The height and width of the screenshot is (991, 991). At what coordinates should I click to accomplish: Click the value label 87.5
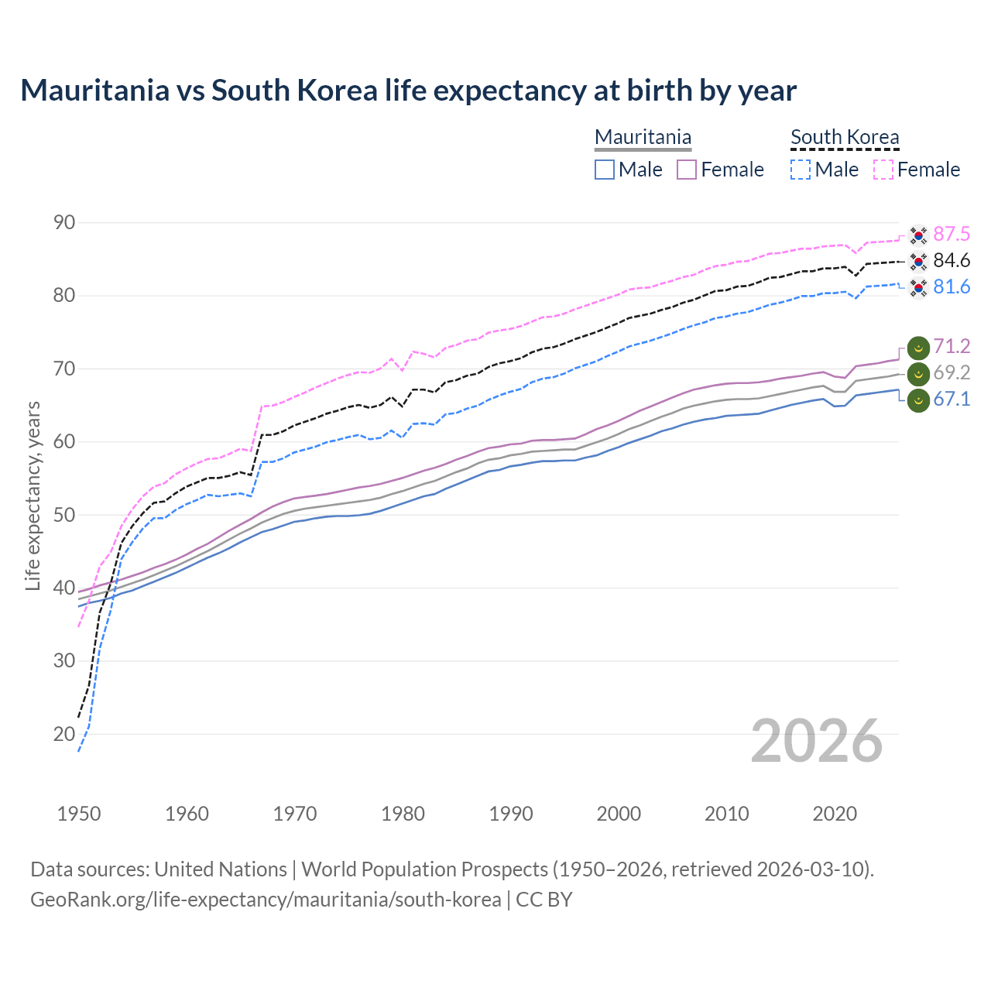[x=952, y=234]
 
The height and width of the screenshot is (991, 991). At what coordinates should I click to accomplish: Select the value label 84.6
[x=952, y=260]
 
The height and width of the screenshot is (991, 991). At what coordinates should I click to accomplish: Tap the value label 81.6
[x=952, y=286]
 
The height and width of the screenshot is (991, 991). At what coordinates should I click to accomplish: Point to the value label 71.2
[x=952, y=346]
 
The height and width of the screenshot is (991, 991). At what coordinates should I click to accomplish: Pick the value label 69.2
[x=952, y=372]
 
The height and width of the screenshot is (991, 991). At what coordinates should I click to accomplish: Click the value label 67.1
[x=952, y=399]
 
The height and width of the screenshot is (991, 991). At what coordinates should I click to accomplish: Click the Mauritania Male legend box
[x=605, y=170]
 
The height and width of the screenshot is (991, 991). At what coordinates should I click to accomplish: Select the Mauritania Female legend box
[x=687, y=170]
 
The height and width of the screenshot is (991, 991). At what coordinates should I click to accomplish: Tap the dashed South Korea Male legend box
[x=801, y=170]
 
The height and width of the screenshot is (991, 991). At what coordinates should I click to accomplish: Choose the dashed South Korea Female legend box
[x=883, y=170]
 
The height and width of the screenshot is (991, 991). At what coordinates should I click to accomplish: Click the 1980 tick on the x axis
[x=403, y=814]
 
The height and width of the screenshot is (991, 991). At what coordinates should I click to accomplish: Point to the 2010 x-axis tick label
[x=726, y=814]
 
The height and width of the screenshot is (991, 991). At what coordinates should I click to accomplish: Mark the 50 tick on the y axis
[x=64, y=515]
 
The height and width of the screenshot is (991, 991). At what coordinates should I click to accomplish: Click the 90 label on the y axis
[x=64, y=223]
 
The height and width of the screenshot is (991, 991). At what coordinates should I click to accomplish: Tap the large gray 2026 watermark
[x=817, y=741]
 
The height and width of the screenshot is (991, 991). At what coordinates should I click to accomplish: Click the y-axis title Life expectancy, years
[x=33, y=495]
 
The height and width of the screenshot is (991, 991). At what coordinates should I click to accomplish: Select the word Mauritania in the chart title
[x=94, y=91]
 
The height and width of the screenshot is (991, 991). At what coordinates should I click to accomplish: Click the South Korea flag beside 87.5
[x=918, y=234]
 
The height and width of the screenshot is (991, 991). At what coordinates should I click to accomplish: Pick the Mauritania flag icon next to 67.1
[x=918, y=401]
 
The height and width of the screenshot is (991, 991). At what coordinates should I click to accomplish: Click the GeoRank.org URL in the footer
[x=266, y=900]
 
